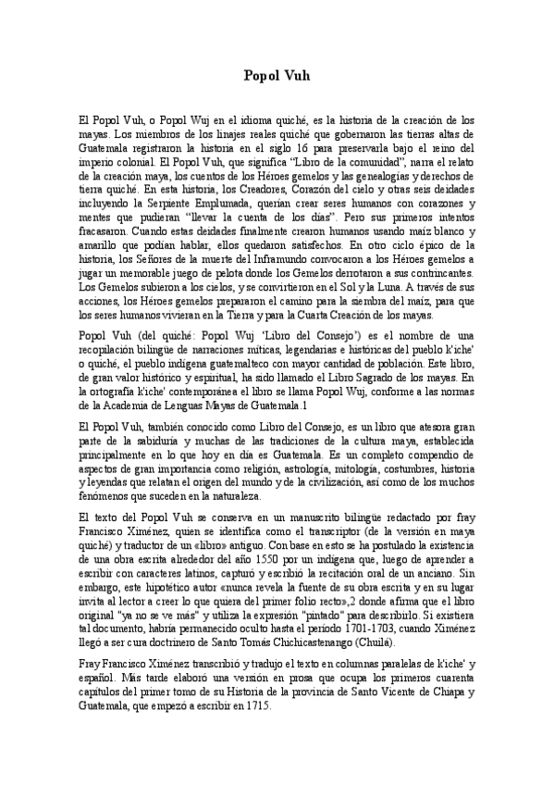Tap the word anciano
point(452,561)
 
